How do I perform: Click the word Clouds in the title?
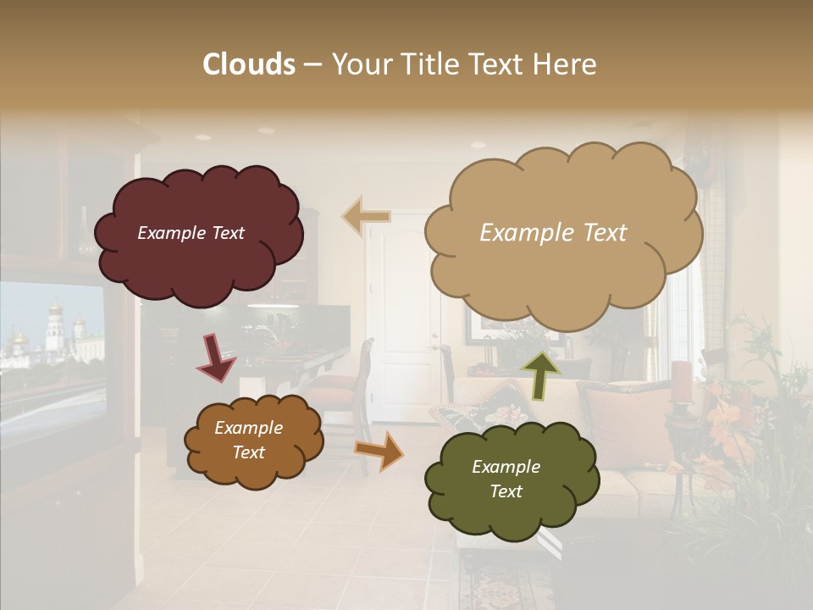[249, 64]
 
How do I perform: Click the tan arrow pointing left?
[366, 216]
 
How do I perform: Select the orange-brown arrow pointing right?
[379, 449]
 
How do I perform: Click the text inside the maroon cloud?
[191, 233]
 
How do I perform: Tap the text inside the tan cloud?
[553, 233]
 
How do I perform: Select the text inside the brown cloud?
[248, 441]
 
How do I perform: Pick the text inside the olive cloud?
[506, 479]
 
